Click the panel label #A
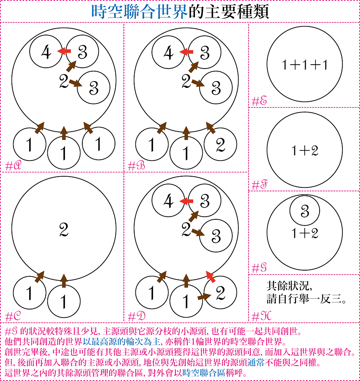click(13, 166)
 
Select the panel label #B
click(136, 166)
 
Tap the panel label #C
click(13, 316)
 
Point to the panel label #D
click(137, 316)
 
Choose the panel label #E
click(260, 101)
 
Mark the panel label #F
click(260, 185)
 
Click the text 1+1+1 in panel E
click(305, 65)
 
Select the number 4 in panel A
click(46, 52)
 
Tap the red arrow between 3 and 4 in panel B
click(186, 52)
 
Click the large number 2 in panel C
click(64, 230)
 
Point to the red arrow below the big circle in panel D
click(210, 277)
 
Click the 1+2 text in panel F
click(305, 150)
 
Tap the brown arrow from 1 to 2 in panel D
click(204, 296)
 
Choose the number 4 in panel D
click(168, 201)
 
